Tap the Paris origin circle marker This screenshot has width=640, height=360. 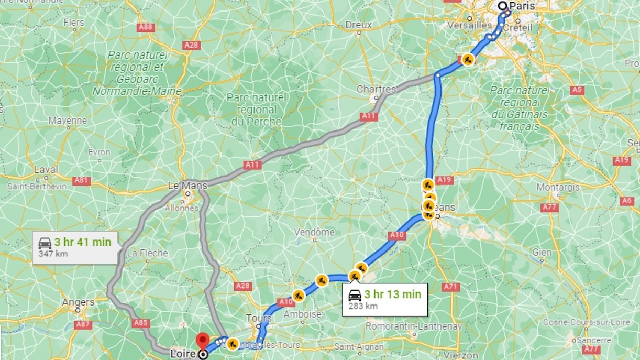pyautogui.click(x=502, y=6)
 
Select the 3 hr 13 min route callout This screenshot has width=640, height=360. pyautogui.click(x=385, y=299)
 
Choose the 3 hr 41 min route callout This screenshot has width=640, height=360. pyautogui.click(x=75, y=247)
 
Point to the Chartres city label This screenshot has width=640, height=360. pyautogui.click(x=376, y=90)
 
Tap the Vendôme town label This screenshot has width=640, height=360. pyautogui.click(x=314, y=232)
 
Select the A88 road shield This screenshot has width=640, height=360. pyautogui.click(x=146, y=27)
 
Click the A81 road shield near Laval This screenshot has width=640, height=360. pyautogui.click(x=81, y=181)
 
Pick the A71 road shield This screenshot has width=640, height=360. pyautogui.click(x=450, y=287)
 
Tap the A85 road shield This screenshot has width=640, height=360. pyautogui.click(x=141, y=323)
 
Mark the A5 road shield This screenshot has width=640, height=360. pyautogui.click(x=577, y=90)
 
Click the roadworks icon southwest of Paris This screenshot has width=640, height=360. pyautogui.click(x=468, y=59)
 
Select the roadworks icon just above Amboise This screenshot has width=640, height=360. pyautogui.click(x=298, y=296)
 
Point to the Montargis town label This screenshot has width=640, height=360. pyautogui.click(x=558, y=187)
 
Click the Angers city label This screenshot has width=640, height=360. pyautogui.click(x=78, y=302)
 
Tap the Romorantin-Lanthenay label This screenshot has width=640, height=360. pyautogui.click(x=414, y=326)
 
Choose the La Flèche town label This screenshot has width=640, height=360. pyautogui.click(x=147, y=253)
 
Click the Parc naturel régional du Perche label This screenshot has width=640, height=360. pyautogui.click(x=256, y=110)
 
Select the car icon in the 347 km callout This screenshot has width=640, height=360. pyautogui.click(x=45, y=243)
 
